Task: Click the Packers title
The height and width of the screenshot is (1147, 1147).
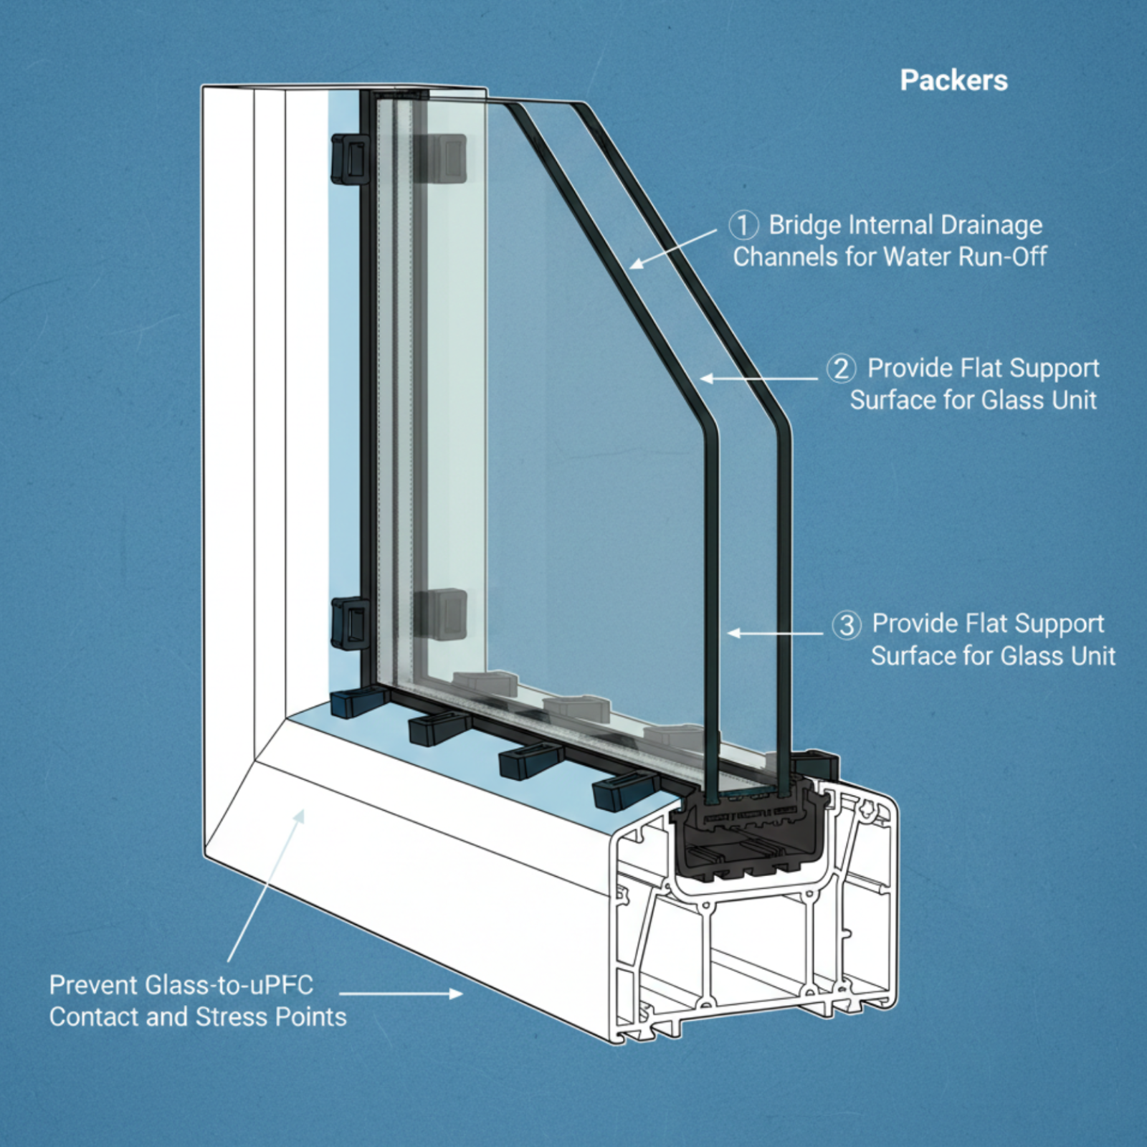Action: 953,80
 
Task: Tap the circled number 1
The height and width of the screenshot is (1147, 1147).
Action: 743,225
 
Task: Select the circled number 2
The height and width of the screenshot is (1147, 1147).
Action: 841,368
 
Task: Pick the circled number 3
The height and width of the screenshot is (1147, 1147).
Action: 847,624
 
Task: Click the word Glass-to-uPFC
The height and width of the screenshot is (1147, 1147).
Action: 229,985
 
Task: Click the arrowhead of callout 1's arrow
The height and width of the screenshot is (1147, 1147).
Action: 635,265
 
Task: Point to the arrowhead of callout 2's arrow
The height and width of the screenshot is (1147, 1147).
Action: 705,378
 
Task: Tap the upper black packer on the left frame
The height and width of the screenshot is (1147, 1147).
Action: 350,159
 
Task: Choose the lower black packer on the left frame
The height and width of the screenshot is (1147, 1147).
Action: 350,624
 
